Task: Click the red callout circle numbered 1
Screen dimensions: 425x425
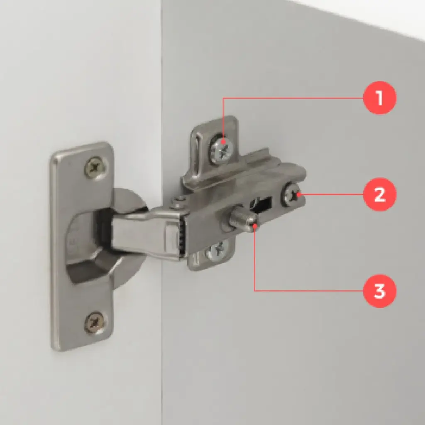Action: (379, 98)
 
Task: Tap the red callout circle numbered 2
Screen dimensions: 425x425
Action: (379, 194)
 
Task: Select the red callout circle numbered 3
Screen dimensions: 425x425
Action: (379, 291)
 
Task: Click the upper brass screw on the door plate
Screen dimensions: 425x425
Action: (95, 167)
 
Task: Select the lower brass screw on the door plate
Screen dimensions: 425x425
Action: (95, 323)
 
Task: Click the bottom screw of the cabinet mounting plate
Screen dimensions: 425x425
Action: (217, 250)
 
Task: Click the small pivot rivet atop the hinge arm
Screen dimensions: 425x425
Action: (179, 202)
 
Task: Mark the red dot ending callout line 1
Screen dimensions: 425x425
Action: (223, 141)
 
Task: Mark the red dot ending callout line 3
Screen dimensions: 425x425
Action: (254, 225)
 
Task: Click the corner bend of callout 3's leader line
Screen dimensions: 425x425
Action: (254, 291)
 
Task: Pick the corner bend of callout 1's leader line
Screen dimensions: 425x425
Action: (223, 98)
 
